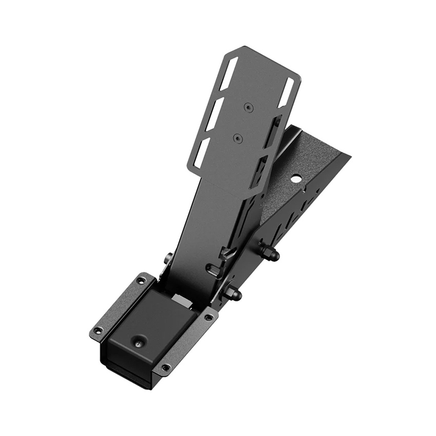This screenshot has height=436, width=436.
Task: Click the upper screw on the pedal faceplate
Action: coord(248,107)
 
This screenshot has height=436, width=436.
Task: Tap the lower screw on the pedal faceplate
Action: coord(236,138)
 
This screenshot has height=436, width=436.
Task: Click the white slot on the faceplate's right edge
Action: coord(287,92)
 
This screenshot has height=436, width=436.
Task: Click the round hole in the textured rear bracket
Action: coord(295,180)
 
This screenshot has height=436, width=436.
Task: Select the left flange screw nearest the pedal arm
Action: coord(140,281)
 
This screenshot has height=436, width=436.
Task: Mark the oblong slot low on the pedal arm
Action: coord(213,269)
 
